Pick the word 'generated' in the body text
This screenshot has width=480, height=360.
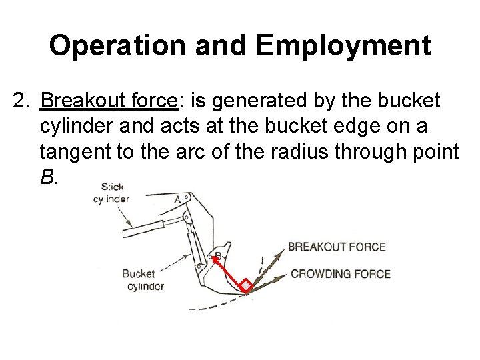click(x=256, y=102)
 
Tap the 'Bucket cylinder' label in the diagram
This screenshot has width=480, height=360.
click(x=143, y=280)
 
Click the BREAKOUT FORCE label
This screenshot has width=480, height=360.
click(x=337, y=247)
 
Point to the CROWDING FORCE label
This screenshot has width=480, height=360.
click(x=340, y=274)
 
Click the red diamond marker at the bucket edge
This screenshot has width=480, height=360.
click(x=247, y=286)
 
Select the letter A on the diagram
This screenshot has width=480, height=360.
click(x=178, y=198)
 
